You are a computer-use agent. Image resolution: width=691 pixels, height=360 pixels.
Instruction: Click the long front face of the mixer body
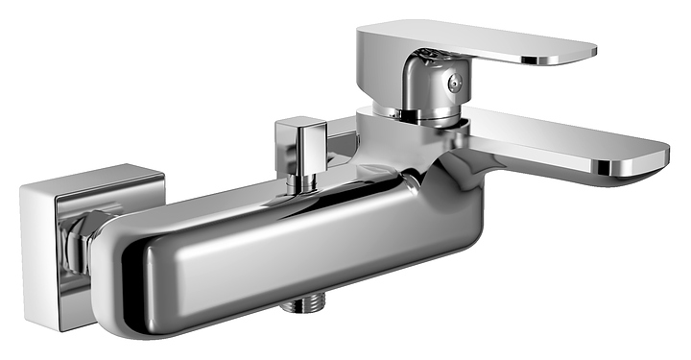288,259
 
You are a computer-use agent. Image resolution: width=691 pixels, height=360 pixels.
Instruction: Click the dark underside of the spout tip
624,173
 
